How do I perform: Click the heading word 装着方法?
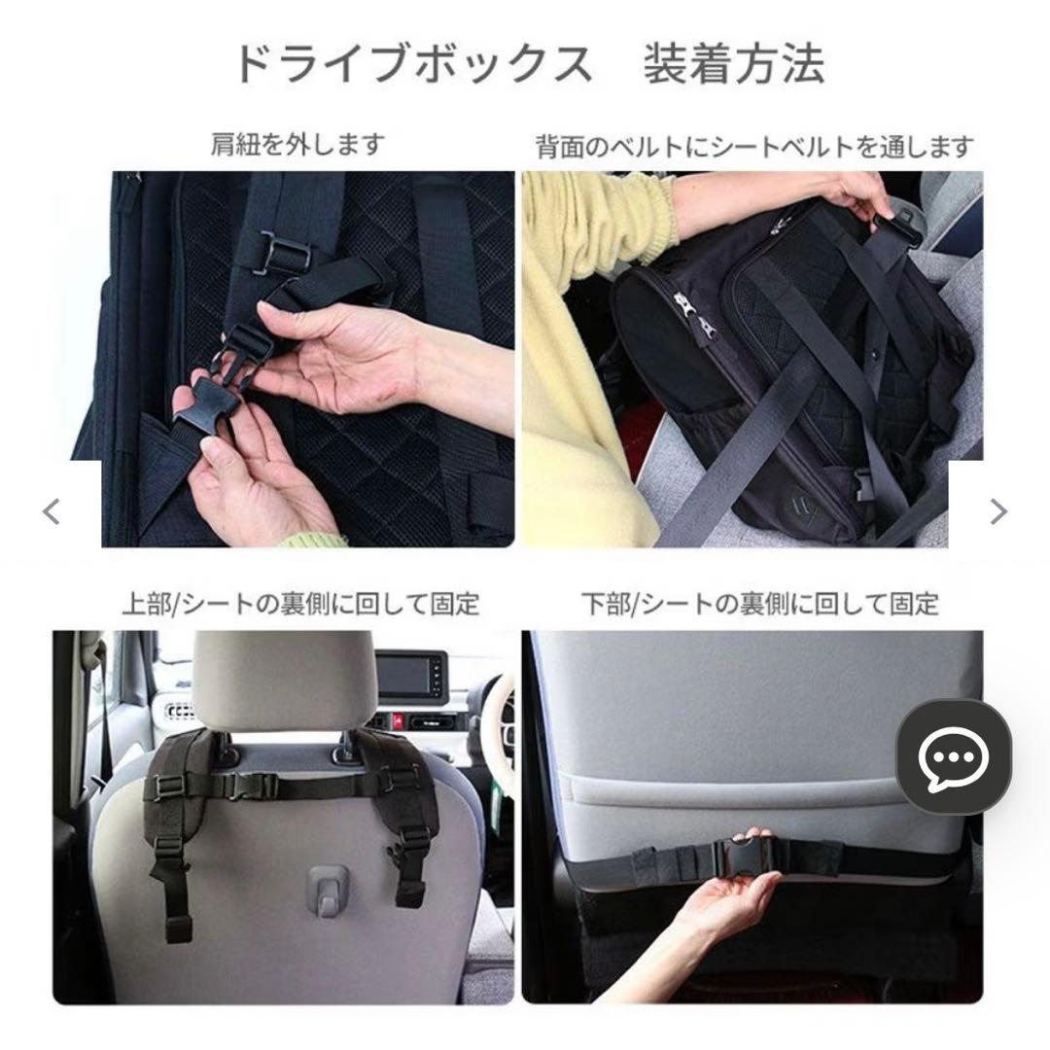pos(734,64)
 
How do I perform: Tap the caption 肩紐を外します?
pos(298,145)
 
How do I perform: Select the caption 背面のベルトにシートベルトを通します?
pos(754,147)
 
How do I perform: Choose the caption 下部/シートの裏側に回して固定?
pos(760,603)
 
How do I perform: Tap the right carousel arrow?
pos(997,510)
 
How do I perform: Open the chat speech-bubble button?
pos(953,757)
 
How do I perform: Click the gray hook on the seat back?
pos(327,891)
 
